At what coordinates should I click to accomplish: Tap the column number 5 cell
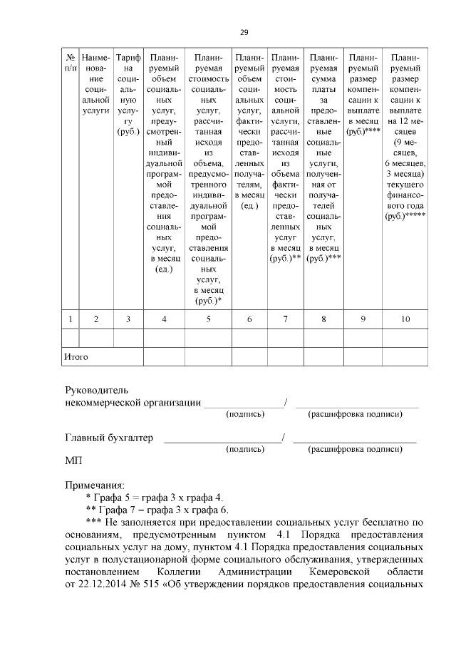pos(208,319)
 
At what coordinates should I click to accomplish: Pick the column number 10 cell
pos(405,319)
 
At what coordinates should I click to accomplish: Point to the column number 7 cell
pos(285,319)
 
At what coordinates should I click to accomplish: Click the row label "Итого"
pos(76,354)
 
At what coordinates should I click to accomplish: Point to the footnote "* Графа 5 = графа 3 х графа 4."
pos(153,497)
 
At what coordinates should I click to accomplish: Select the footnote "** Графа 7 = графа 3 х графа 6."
pos(156,509)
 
